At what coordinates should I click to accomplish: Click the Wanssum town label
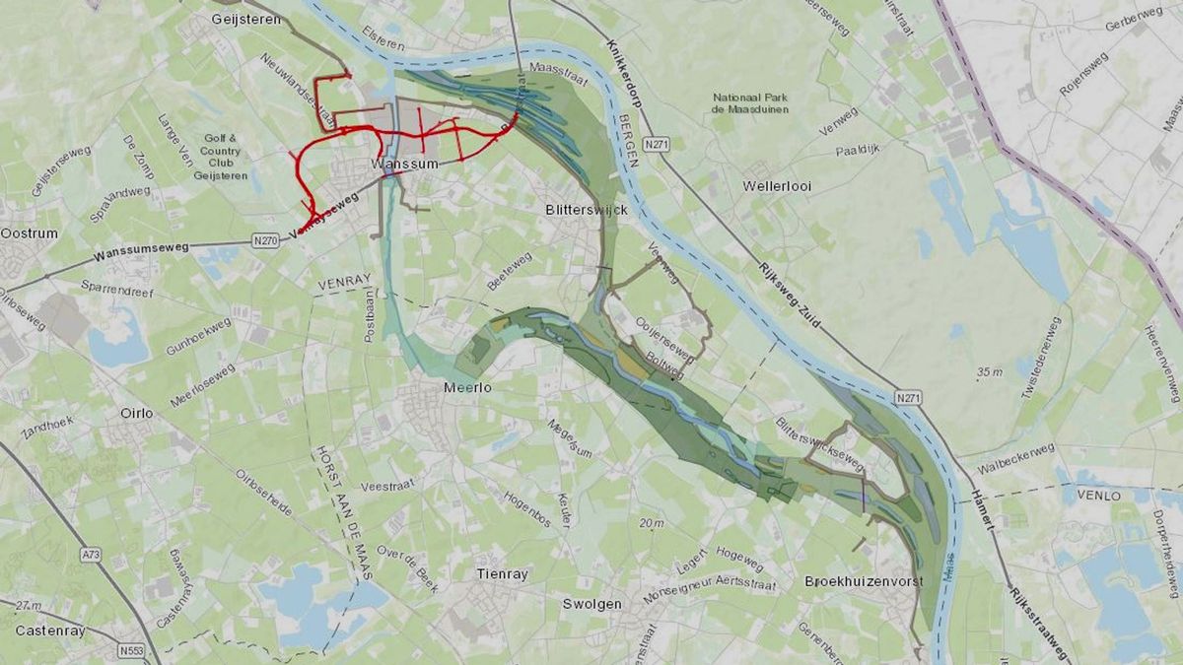pyautogui.click(x=404, y=165)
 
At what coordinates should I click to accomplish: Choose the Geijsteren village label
pyautogui.click(x=245, y=19)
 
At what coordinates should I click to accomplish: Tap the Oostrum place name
pyautogui.click(x=30, y=233)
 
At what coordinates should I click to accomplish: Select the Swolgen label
pyautogui.click(x=592, y=604)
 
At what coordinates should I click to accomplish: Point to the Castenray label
pyautogui.click(x=46, y=630)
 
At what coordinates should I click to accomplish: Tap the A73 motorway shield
pyautogui.click(x=91, y=555)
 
